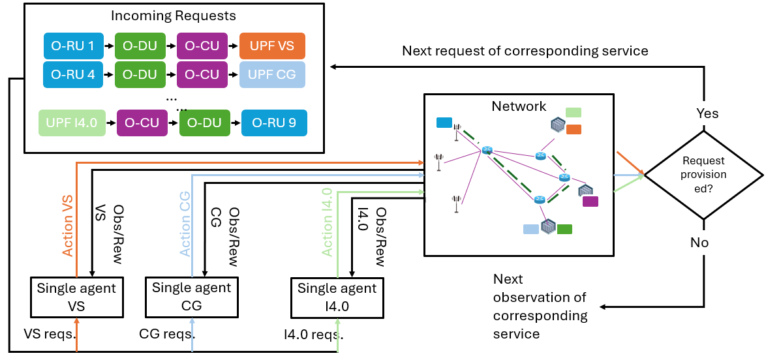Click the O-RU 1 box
click(73, 46)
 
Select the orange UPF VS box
click(272, 46)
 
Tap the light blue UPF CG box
click(272, 75)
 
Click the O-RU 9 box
click(274, 123)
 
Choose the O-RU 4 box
click(73, 75)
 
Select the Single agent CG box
click(192, 296)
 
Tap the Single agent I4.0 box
click(337, 296)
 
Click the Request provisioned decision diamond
click(703, 175)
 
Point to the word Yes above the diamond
click(707, 113)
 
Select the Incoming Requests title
click(173, 15)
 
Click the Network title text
click(519, 106)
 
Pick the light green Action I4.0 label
click(328, 222)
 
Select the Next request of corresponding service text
click(525, 51)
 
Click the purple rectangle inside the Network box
click(590, 202)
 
